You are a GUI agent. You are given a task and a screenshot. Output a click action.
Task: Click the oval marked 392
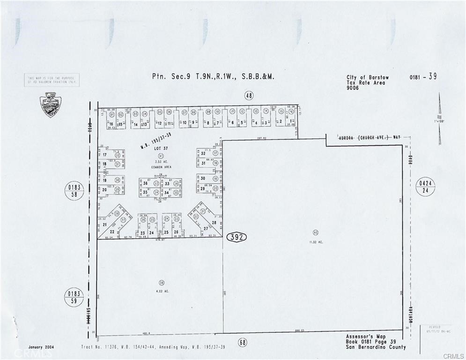pos(237,237)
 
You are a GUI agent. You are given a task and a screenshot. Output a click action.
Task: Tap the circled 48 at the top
pos(249,96)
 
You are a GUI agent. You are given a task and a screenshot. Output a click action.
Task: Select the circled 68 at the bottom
pos(242,343)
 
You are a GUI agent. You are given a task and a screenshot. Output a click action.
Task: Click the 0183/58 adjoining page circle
pos(74,191)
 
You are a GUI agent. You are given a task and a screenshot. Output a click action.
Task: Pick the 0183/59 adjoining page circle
pos(74,298)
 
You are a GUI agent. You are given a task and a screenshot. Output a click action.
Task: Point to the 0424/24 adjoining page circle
pos(425,187)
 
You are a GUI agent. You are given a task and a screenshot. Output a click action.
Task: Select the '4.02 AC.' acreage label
pos(162,292)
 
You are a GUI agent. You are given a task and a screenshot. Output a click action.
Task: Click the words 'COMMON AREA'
pos(160,167)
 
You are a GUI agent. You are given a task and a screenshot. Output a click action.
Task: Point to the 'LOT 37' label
pos(160,148)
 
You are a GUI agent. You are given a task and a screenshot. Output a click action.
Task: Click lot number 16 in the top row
pos(111,124)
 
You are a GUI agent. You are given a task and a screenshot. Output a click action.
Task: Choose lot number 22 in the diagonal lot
pos(112,232)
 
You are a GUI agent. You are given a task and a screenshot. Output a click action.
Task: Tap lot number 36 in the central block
pos(145,183)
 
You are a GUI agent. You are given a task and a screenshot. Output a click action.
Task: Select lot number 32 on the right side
pos(203,153)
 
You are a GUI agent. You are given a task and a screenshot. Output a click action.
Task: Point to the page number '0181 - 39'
pos(423,76)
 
